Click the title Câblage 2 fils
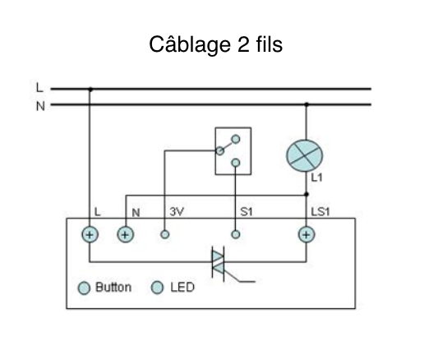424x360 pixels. coord(216,44)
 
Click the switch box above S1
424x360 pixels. coord(233,150)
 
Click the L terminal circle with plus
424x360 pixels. coord(90,234)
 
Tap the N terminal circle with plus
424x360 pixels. coord(125,234)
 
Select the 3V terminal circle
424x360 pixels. coord(164,234)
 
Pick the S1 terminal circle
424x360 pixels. coord(236,234)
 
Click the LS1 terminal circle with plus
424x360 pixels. coord(306,234)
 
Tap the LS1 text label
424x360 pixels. coord(320,212)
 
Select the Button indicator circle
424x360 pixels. coord(84,288)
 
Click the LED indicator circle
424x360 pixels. coord(158,288)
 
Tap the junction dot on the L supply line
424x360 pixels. coord(90,88)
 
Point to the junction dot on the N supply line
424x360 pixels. coord(306,104)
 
